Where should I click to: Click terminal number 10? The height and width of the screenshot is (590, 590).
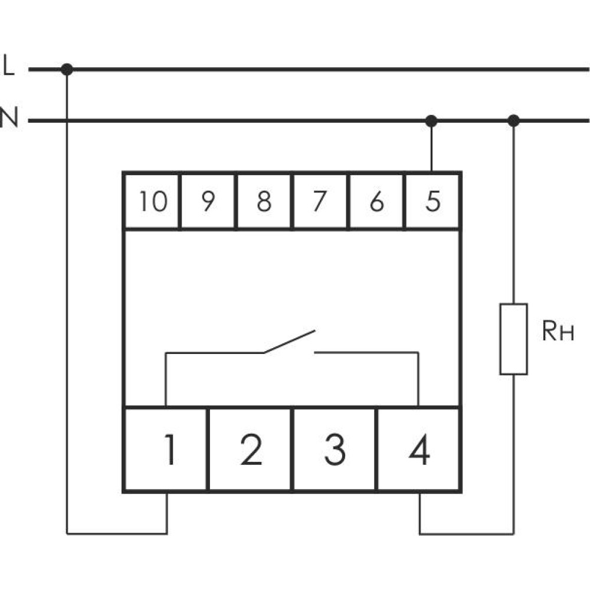[x=152, y=201]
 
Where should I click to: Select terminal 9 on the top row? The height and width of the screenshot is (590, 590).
[x=208, y=201]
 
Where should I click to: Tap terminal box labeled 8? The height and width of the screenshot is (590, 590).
[x=264, y=201]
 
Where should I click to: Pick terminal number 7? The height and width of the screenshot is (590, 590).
[x=320, y=201]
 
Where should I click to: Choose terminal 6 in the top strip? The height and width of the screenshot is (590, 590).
[x=376, y=201]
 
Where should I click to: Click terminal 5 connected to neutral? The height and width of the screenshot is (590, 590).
[x=432, y=201]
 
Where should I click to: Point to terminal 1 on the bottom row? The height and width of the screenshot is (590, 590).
[x=166, y=449]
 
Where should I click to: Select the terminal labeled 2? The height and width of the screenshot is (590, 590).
[x=250, y=449]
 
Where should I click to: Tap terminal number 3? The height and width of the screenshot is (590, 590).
[x=334, y=449]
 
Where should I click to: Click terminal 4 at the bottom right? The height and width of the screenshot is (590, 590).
[x=418, y=449]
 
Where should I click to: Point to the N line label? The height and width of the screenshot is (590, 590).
[x=9, y=117]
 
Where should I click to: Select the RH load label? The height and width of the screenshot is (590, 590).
[x=558, y=331]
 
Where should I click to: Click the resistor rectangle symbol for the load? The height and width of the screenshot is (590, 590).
[x=514, y=339]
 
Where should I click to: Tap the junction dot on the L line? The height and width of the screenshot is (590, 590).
[x=67, y=69]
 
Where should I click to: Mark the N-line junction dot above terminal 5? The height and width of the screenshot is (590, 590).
[x=431, y=121]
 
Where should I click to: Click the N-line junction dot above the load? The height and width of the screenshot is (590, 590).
[x=514, y=121]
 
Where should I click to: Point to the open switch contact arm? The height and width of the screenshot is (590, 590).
[x=289, y=342]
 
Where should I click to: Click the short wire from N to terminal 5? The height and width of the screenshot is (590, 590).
[x=431, y=146]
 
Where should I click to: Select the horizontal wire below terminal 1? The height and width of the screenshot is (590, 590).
[x=117, y=533]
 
